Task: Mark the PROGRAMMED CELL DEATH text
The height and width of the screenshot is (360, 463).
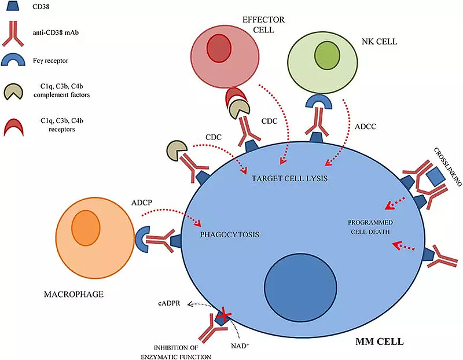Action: coord(368,227)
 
